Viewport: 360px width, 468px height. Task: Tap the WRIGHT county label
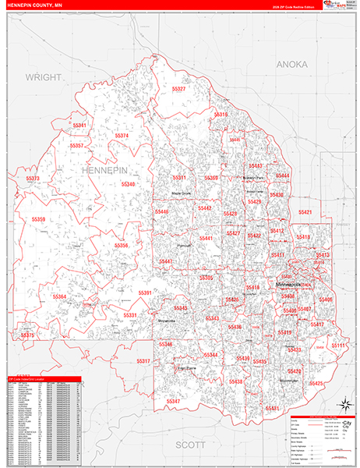coord(43,77)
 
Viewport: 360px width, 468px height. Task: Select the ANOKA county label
coord(292,64)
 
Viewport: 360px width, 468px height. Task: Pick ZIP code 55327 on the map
coord(178,90)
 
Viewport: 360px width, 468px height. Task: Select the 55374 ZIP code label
coord(122,136)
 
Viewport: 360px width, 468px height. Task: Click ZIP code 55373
coord(34,179)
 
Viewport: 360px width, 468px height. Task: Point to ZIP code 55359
coord(39,220)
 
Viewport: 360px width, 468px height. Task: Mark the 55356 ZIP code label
coord(122,246)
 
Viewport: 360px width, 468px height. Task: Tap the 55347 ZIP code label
coord(173,401)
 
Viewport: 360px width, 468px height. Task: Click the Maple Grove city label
coord(182,193)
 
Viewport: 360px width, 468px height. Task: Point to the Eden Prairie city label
coord(185,368)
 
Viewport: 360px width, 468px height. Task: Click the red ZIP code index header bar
coord(42,380)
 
